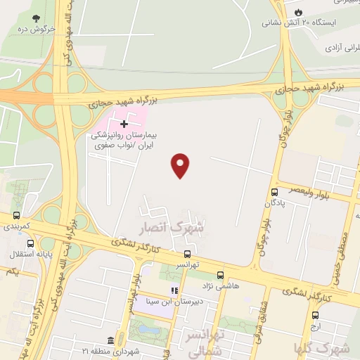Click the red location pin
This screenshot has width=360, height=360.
click(181, 165)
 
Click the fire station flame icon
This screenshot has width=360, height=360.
click(298, 13)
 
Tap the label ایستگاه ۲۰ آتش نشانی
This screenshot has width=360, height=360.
click(290, 23)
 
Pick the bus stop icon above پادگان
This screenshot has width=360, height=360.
click(274, 192)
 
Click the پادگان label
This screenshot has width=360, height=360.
click(275, 203)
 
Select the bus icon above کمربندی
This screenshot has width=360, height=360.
click(16, 217)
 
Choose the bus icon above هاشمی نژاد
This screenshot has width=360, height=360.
click(220, 275)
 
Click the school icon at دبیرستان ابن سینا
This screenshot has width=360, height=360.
click(174, 290)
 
